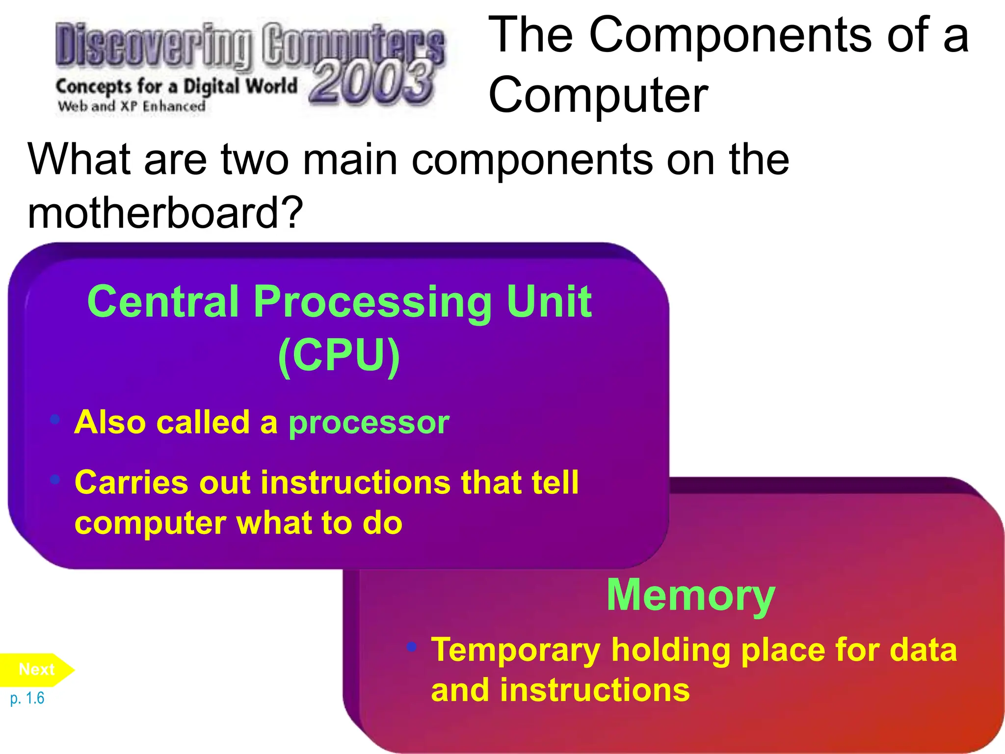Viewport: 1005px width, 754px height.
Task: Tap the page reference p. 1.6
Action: click(x=27, y=698)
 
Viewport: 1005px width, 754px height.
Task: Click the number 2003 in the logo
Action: click(x=372, y=82)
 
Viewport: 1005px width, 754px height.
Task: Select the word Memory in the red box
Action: click(x=690, y=595)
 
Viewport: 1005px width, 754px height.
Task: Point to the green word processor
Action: click(x=369, y=422)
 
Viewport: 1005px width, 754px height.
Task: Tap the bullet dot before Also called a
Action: click(x=55, y=419)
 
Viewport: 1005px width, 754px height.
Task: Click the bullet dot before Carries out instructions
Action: click(x=55, y=479)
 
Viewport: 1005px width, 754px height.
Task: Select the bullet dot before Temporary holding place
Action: click(x=412, y=646)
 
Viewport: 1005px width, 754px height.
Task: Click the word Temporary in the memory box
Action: click(x=516, y=650)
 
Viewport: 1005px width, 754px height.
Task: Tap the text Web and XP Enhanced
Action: click(x=132, y=106)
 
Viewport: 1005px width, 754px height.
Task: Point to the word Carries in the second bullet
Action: click(x=131, y=483)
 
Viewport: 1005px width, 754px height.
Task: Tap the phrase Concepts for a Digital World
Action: click(x=177, y=87)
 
